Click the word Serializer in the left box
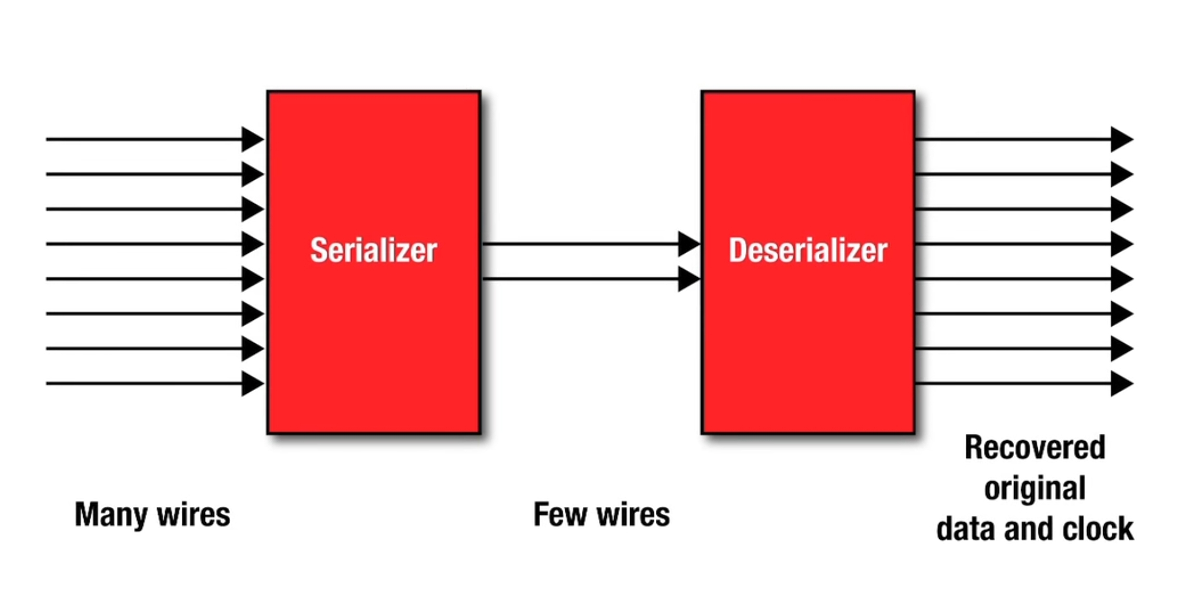[373, 250]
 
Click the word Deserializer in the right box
[808, 250]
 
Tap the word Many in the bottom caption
[111, 515]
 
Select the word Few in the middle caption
[560, 514]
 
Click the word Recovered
[1035, 448]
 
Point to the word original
[1035, 489]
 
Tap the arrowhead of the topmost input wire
[253, 139]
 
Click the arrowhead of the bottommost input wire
[253, 383]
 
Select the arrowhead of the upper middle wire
[689, 244]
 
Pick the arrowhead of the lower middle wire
[689, 279]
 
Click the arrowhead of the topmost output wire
[1121, 139]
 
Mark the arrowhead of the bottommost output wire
[1121, 383]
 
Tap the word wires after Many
[193, 515]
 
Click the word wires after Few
[633, 514]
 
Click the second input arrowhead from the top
[253, 174]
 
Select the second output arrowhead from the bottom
[1121, 349]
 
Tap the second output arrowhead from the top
[1121, 174]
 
